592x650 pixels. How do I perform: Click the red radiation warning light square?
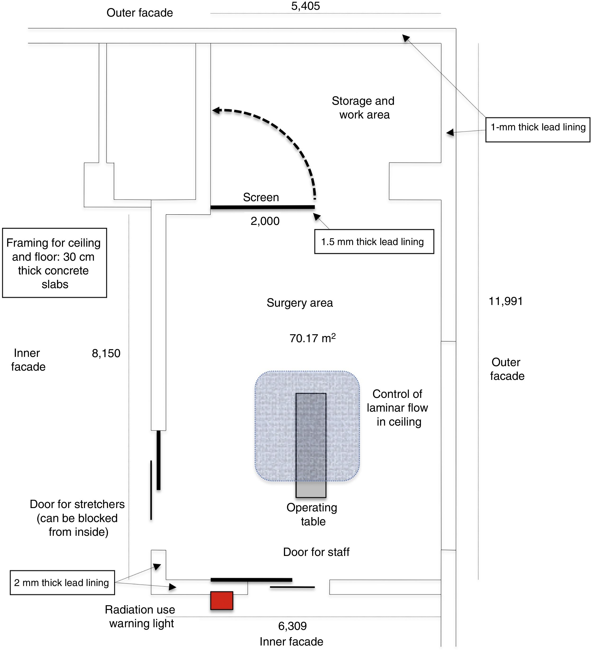(x=221, y=600)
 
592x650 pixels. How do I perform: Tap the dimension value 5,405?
(x=305, y=6)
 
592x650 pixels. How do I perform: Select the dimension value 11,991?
(x=505, y=301)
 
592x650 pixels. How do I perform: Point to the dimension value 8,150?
(x=106, y=353)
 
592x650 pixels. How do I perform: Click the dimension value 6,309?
(x=292, y=626)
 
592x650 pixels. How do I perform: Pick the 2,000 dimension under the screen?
(x=265, y=221)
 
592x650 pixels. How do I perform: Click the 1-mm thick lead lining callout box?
(x=538, y=130)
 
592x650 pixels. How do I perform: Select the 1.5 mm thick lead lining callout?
(x=374, y=242)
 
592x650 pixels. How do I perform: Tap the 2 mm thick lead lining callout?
(x=62, y=583)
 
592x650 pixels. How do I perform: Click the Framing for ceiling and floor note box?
(x=54, y=263)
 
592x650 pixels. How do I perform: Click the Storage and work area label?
(x=363, y=108)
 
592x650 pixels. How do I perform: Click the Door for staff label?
(x=316, y=552)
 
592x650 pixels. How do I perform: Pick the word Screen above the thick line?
(x=261, y=197)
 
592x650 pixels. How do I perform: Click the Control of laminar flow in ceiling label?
(x=397, y=408)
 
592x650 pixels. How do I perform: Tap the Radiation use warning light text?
(x=140, y=616)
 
